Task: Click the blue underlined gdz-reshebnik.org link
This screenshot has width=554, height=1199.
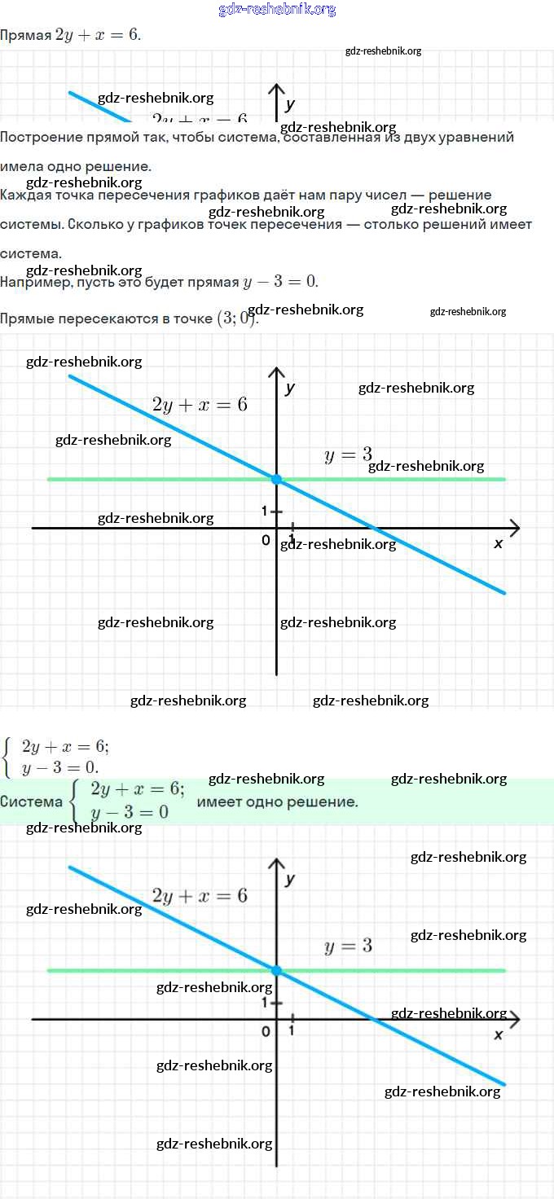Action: point(277,10)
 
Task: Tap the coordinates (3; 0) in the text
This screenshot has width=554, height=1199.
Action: point(237,318)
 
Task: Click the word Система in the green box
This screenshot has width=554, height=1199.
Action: point(31,802)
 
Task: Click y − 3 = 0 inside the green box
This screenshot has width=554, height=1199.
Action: point(130,812)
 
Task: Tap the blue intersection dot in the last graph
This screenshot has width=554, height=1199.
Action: point(276,970)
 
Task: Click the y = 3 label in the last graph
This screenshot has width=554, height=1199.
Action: point(348,946)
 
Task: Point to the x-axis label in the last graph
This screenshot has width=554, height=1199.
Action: point(499,1034)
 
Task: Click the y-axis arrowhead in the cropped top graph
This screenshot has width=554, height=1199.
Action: point(276,90)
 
